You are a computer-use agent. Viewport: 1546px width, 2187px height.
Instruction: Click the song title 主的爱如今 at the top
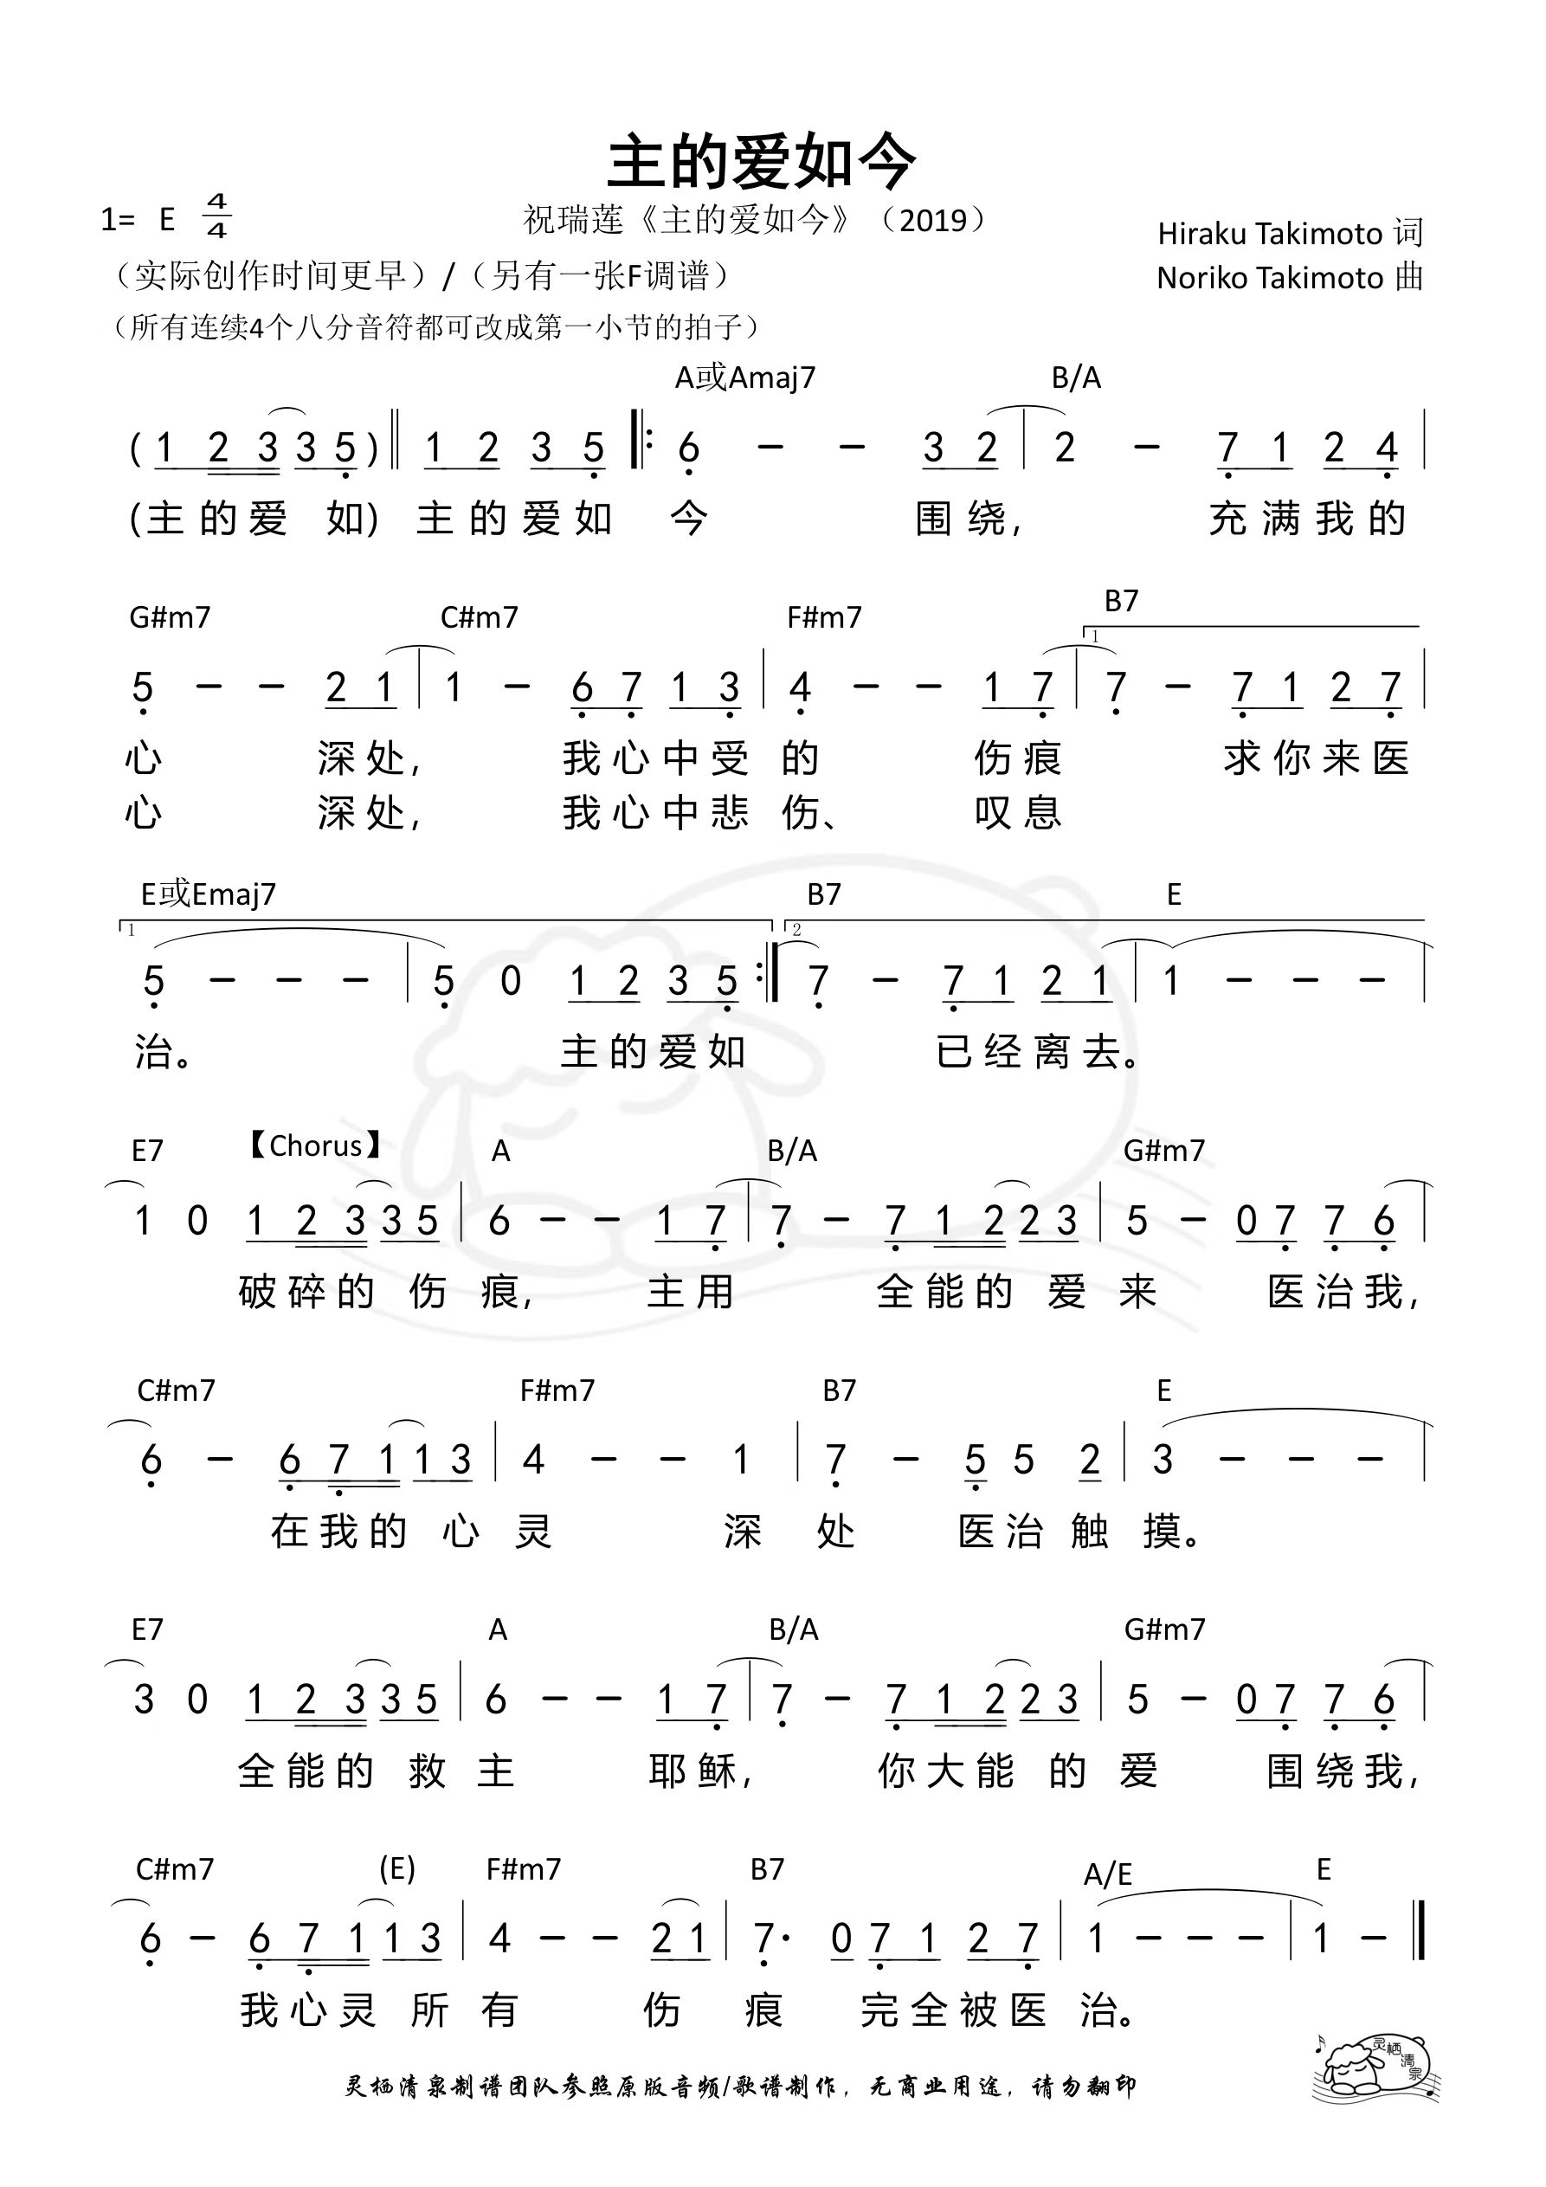pyautogui.click(x=762, y=162)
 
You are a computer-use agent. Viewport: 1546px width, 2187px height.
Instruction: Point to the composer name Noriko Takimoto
pyautogui.click(x=1270, y=278)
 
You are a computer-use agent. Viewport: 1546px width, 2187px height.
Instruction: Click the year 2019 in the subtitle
pyautogui.click(x=933, y=221)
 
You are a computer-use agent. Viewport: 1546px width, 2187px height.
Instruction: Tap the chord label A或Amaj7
pyautogui.click(x=745, y=378)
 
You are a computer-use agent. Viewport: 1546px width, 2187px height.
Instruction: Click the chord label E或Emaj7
pyautogui.click(x=209, y=894)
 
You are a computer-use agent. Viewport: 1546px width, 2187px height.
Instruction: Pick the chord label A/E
pyautogui.click(x=1108, y=1874)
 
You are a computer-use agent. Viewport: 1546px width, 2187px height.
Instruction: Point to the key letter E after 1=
pyautogui.click(x=168, y=220)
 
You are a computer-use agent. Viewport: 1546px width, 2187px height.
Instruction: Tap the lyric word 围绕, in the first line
pyautogui.click(x=969, y=519)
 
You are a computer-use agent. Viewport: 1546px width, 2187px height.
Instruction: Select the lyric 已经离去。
pyautogui.click(x=1040, y=1053)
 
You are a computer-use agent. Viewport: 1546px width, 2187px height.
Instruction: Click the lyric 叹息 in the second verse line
pyautogui.click(x=1017, y=812)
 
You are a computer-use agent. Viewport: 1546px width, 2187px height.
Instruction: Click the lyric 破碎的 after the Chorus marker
pyautogui.click(x=306, y=1293)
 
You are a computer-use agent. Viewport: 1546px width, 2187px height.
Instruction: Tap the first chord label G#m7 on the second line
pyautogui.click(x=170, y=617)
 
